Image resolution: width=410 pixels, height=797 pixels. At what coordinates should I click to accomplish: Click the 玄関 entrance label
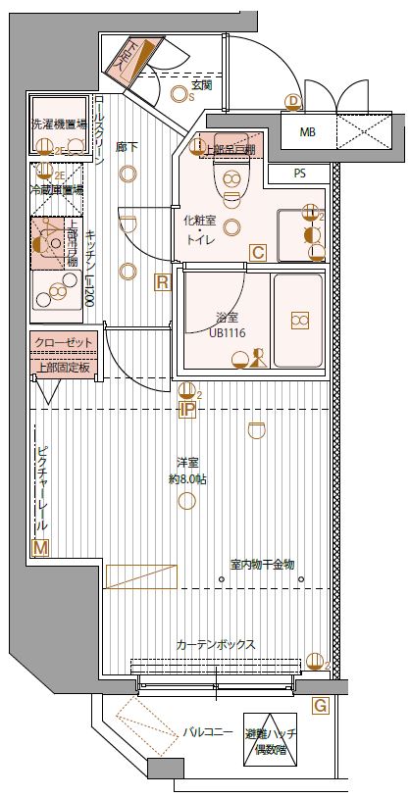point(202,85)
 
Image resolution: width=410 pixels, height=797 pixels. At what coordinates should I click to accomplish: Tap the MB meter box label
point(307,131)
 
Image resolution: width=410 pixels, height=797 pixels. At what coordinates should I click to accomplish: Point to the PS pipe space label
point(298,174)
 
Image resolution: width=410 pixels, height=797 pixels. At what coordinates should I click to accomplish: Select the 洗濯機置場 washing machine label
point(59,125)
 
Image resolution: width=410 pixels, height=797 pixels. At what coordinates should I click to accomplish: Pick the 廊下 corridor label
point(126,147)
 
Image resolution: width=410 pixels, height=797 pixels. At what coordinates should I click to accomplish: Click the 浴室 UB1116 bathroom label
point(227,324)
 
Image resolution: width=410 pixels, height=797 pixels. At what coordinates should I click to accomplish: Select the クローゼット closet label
point(64,340)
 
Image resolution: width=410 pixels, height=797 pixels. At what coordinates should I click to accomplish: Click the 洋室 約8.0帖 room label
point(186,472)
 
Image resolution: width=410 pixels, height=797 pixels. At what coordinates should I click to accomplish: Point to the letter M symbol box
point(40,548)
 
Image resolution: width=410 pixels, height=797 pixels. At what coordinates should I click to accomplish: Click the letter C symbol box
point(257,252)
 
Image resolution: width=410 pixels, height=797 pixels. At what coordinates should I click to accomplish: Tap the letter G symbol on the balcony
point(320,705)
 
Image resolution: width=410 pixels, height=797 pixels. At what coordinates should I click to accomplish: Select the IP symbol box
point(186,412)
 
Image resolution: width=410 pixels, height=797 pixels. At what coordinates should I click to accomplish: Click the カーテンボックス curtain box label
point(216,644)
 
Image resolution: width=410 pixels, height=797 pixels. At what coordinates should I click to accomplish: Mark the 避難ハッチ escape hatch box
point(271,739)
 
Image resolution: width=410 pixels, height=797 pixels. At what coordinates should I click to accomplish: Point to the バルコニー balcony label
point(207,732)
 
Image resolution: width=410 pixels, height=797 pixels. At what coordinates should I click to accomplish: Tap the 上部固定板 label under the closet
point(64,368)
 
